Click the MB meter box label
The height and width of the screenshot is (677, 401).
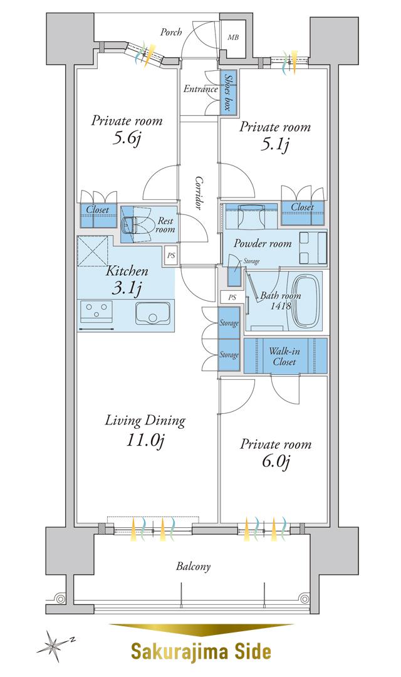point(233,38)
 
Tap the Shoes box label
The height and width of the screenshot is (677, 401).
point(228,92)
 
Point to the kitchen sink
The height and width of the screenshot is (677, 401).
point(154,313)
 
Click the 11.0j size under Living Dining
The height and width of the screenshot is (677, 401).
point(146,440)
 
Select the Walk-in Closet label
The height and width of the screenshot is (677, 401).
point(284,356)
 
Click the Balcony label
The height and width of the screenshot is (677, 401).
point(193,567)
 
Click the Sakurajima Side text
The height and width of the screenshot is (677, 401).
point(200,652)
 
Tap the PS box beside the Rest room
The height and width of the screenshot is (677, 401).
point(171,255)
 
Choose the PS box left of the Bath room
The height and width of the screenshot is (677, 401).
point(232,297)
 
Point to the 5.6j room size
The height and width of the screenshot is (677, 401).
point(127,139)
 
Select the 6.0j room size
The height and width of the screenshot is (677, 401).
point(276,463)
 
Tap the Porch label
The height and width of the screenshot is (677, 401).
point(171,32)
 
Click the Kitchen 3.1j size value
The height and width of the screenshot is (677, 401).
point(127,289)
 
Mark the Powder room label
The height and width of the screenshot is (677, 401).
point(263,243)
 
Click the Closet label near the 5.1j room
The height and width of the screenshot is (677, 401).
point(302,207)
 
